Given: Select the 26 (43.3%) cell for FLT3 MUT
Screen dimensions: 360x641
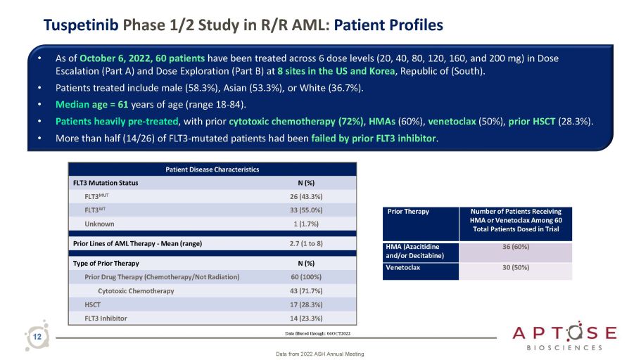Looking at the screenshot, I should [x=306, y=196].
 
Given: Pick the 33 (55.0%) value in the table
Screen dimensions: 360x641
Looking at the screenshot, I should [x=306, y=210].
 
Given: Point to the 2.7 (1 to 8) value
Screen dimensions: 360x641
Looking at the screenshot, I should [x=306, y=244].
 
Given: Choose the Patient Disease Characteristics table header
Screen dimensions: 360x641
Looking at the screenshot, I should [x=212, y=169].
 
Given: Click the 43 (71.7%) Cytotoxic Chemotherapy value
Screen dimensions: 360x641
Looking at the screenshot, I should [x=306, y=290].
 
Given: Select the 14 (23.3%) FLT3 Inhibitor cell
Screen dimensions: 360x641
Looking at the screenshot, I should [x=306, y=318].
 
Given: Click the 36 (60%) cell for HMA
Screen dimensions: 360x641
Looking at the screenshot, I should [x=516, y=247].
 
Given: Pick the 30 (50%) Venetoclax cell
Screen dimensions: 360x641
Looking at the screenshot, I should [x=516, y=267].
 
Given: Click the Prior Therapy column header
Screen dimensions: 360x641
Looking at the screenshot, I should [x=407, y=211].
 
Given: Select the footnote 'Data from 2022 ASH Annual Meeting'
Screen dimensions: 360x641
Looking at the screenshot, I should [x=320, y=353].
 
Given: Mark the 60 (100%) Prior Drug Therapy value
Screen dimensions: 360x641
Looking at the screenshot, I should [x=306, y=276].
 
